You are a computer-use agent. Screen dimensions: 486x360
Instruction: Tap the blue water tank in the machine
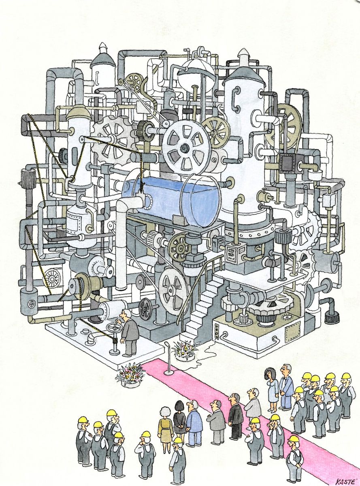174,198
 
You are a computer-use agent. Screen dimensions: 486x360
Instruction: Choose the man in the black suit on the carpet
235,417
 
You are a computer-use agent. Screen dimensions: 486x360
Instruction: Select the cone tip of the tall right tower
243,54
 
